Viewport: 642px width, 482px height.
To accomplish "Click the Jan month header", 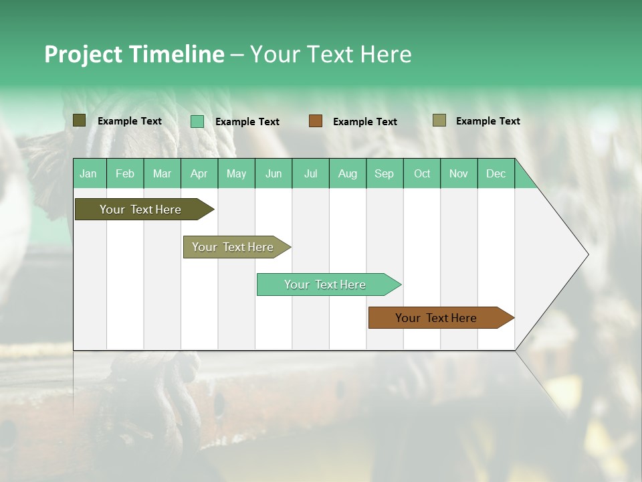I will [x=88, y=173].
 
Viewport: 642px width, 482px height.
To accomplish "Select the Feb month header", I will [x=125, y=173].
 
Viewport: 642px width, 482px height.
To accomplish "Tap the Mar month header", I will [x=162, y=173].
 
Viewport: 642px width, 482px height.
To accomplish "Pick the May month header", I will [x=236, y=173].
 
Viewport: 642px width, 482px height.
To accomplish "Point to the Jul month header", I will [x=310, y=173].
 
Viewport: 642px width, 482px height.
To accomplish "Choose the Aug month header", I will [x=347, y=173].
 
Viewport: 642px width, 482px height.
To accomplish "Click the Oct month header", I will [x=422, y=173].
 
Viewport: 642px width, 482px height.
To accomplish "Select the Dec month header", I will [x=496, y=173].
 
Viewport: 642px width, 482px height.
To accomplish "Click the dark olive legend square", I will [x=80, y=120].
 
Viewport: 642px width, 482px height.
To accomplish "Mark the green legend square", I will [x=197, y=121].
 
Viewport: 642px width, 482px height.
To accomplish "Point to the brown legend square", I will [x=316, y=121].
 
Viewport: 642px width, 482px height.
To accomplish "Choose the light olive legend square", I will [x=439, y=120].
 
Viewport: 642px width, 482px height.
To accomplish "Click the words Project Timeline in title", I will [x=134, y=54].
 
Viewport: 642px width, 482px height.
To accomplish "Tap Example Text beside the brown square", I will [x=364, y=122].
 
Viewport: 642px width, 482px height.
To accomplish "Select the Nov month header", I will [x=459, y=173].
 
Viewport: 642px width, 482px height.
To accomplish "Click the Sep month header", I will [x=384, y=173].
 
